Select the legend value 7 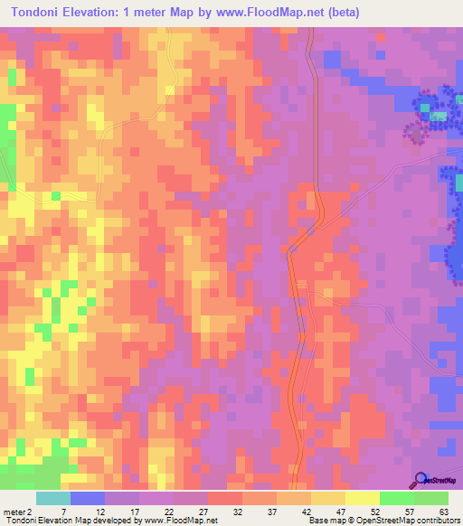[63, 511]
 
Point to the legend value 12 [100, 511]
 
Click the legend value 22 [168, 511]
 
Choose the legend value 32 [236, 511]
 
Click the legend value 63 [442, 511]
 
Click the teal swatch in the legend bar [53, 498]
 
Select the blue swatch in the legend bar [88, 498]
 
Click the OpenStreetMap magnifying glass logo [421, 480]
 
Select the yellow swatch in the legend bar [362, 498]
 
